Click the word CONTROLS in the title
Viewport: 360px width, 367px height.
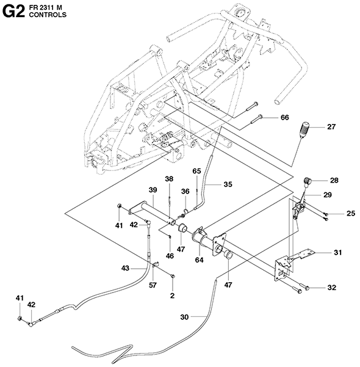[48, 15]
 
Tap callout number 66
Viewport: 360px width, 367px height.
[285, 117]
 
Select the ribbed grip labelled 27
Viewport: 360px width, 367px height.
[304, 130]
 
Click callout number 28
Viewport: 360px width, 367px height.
[334, 180]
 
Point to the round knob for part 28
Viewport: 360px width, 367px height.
[308, 181]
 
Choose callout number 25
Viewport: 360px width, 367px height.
[351, 213]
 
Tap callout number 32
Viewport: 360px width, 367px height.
[332, 288]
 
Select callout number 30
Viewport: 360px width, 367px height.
[184, 317]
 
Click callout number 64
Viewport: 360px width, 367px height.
[199, 260]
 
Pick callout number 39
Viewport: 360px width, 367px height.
[153, 190]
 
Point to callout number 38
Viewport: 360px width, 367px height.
[169, 179]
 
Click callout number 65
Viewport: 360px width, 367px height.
[196, 171]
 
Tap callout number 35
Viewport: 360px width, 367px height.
[228, 184]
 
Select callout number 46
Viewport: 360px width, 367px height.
[170, 256]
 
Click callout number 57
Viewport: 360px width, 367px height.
[153, 285]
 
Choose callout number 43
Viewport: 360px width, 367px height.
[125, 268]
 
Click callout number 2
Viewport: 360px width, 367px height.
[173, 296]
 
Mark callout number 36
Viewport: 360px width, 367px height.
[185, 191]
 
